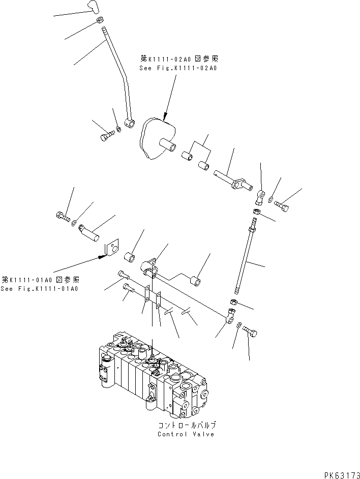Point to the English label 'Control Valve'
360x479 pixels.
186,434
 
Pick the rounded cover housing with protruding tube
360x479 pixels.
158,137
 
